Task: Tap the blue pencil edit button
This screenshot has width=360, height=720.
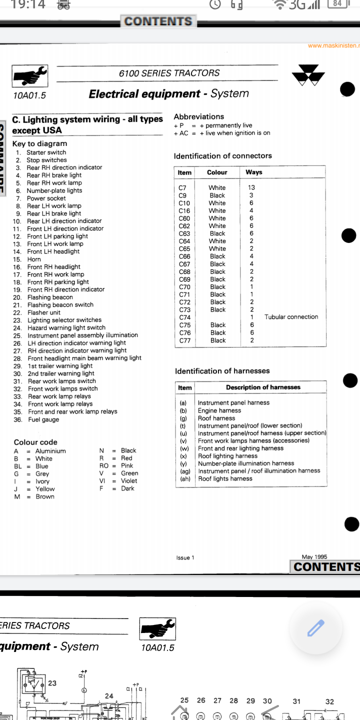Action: click(316, 627)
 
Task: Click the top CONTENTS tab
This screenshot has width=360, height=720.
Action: click(158, 21)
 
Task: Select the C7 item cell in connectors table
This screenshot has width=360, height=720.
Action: click(182, 187)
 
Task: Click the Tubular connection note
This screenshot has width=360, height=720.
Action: click(291, 317)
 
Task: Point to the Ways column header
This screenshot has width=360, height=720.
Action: click(254, 172)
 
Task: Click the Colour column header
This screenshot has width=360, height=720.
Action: click(217, 172)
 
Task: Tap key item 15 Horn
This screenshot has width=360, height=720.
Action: click(34, 259)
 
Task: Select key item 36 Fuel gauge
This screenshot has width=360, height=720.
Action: click(43, 419)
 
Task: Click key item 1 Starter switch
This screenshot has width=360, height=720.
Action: click(46, 152)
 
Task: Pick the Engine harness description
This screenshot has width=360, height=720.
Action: click(219, 410)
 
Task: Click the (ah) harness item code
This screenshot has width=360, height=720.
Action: click(185, 478)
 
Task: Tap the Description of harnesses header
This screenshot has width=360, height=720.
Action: click(263, 387)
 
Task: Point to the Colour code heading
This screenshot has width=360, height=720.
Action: click(35, 442)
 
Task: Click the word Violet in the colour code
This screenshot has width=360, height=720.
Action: click(129, 481)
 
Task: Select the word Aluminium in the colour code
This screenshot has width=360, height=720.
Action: click(50, 451)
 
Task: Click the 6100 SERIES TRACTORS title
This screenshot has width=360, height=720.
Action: click(169, 73)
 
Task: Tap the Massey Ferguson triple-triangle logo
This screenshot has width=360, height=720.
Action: click(308, 75)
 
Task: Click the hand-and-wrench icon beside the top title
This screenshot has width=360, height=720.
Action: click(30, 76)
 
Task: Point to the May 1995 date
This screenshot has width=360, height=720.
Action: click(314, 557)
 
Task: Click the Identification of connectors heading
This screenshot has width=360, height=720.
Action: click(222, 156)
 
